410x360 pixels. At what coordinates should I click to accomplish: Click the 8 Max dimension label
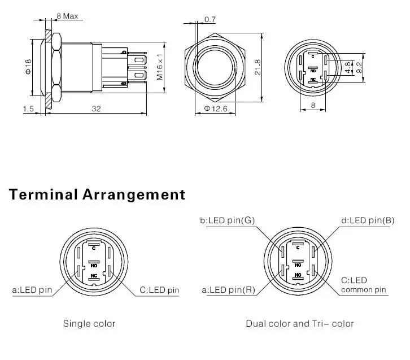pyautogui.click(x=67, y=16)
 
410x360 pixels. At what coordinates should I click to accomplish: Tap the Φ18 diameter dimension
pyautogui.click(x=28, y=67)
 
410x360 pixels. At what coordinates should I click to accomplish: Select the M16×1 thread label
pyautogui.click(x=159, y=67)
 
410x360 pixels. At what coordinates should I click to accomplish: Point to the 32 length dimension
pyautogui.click(x=96, y=109)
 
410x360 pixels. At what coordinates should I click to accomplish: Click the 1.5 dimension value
pyautogui.click(x=28, y=109)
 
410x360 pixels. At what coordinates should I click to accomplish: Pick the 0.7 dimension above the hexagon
pyautogui.click(x=210, y=19)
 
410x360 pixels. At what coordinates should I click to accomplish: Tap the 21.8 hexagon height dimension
pyautogui.click(x=258, y=67)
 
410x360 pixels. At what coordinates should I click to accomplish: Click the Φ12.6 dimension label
pyautogui.click(x=216, y=109)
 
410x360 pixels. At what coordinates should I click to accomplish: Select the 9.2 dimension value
pyautogui.click(x=360, y=67)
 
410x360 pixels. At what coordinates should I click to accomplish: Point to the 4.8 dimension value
pyautogui.click(x=348, y=67)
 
